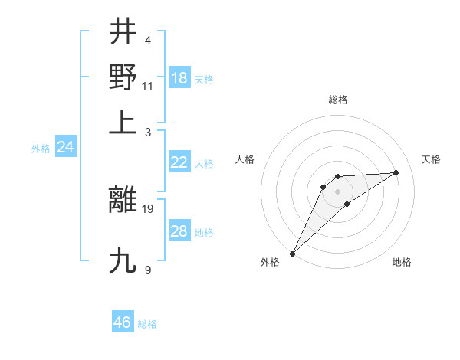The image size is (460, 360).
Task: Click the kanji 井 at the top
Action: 123,32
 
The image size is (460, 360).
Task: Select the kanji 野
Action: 123,77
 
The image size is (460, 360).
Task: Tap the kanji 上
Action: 123,121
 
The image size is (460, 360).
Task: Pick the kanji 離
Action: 123,201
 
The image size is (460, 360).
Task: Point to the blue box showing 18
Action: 179,78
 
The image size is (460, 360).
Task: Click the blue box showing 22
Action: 179,162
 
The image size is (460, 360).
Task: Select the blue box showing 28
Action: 179,231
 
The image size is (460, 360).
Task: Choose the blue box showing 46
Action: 123,322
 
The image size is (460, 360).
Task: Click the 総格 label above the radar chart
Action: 338,100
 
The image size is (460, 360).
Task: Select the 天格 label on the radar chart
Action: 431,159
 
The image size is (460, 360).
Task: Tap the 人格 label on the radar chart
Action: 245,159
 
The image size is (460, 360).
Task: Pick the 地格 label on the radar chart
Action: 402,263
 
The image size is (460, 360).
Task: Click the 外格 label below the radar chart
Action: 270,263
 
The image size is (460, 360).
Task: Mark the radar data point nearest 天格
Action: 396,172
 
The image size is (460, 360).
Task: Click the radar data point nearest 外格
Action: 292,254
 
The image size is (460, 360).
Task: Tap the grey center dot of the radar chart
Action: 337,191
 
